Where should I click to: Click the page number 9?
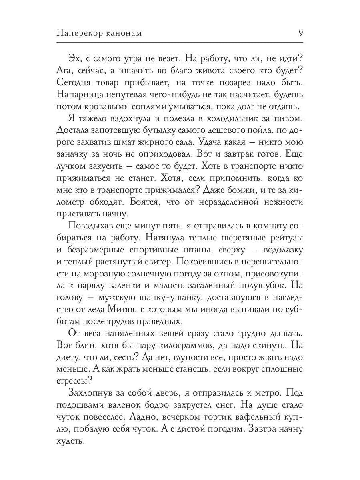[300, 33]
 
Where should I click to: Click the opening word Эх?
[74, 58]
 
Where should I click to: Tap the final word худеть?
[72, 441]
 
